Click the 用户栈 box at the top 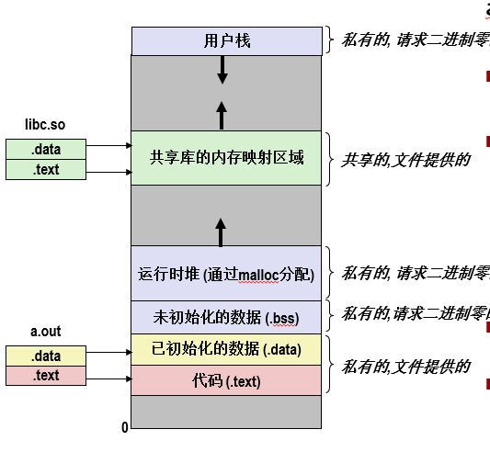click(226, 40)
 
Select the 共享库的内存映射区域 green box click(226, 158)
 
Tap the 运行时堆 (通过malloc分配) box click(226, 273)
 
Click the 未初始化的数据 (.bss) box click(226, 317)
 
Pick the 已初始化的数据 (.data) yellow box click(226, 348)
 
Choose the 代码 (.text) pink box click(226, 379)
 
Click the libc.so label click(45, 123)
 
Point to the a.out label click(45, 332)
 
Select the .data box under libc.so click(46, 149)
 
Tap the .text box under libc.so click(46, 169)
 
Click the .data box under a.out click(46, 356)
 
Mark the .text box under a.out click(46, 375)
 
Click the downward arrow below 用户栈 click(222, 69)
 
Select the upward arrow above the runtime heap click(222, 231)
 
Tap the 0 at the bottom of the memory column click(125, 427)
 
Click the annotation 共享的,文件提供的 click(405, 159)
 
